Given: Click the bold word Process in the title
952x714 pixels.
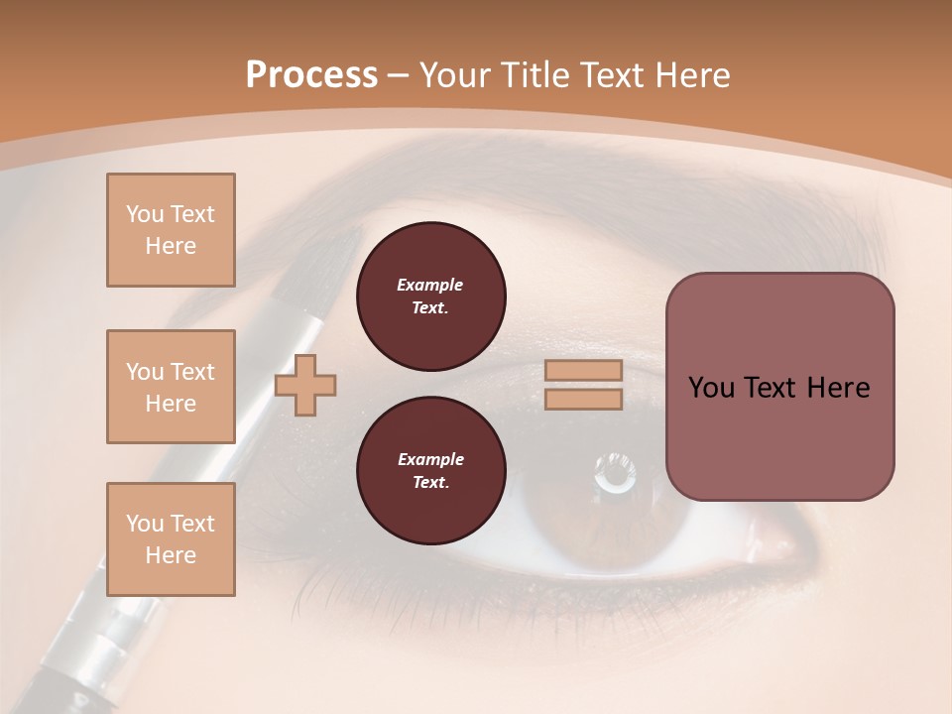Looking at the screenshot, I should pos(311,75).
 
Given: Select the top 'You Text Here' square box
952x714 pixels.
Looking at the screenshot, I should pos(171,230).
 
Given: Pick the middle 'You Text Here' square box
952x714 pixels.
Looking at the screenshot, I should pos(171,387).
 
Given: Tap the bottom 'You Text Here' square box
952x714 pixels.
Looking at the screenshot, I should pos(171,539).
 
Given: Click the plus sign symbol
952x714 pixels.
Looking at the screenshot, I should pos(305,385).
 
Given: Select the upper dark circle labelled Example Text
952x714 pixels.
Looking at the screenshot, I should pos(430,297).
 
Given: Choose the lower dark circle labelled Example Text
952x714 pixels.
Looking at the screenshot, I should pos(430,471).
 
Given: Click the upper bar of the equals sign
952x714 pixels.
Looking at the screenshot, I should pos(583,371).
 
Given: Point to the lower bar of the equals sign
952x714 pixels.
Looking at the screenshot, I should pos(583,399).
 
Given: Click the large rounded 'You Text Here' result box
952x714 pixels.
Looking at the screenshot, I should pos(779,387).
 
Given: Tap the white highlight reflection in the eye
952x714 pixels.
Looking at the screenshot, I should pos(615,473).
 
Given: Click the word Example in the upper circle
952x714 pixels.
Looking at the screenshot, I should pos(430,285).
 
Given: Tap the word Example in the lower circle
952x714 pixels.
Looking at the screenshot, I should pos(430,459).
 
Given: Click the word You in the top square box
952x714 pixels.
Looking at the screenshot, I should pos(144,214).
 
